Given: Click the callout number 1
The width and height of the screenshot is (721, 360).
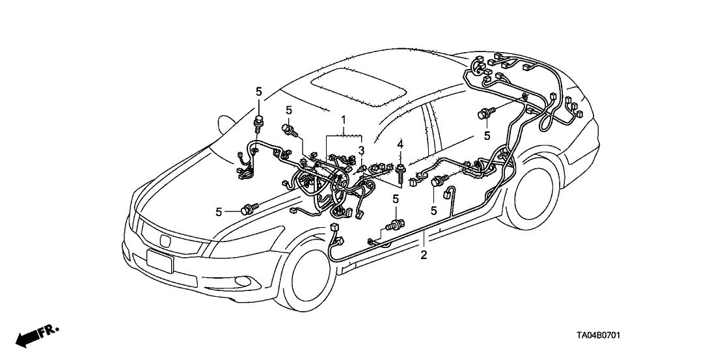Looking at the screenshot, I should (x=344, y=120).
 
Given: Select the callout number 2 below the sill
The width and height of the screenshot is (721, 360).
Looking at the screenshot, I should (x=424, y=255).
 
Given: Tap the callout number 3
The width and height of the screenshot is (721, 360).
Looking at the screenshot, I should (x=360, y=151).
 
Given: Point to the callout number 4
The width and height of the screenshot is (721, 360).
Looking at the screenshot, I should (x=401, y=143).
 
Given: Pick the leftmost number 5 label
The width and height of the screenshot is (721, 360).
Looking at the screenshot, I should (x=219, y=211).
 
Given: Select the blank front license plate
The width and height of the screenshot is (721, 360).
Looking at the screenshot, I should (x=160, y=261).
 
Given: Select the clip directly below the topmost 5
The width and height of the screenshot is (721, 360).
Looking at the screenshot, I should (x=260, y=121).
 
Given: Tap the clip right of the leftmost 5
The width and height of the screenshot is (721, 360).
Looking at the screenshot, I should (x=248, y=209).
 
